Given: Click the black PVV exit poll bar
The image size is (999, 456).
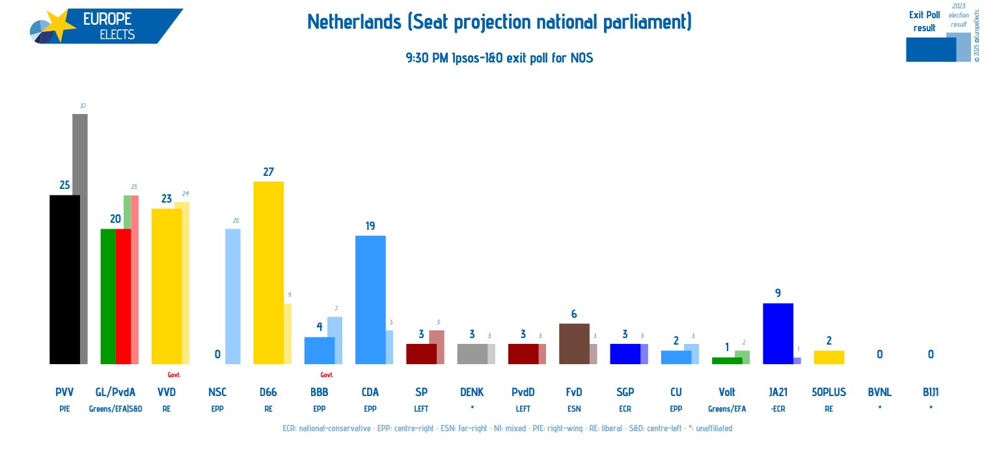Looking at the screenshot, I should point(64,279).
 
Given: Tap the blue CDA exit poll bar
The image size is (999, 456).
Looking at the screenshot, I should point(370,300).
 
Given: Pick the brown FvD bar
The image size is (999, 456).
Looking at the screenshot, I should point(573,343).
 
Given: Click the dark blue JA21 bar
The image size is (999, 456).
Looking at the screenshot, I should point(778,334).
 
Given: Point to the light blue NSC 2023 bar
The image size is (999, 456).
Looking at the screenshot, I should point(232,296).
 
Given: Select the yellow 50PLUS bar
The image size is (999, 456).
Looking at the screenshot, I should point(828,357).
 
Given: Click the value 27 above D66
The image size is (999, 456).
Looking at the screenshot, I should point(268,172).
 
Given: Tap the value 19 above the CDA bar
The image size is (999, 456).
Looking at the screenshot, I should point(370,226).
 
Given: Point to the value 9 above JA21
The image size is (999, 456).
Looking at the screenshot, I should point(778,293).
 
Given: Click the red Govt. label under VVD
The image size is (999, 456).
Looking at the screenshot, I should point(174,375).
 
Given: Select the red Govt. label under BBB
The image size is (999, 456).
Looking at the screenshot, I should point(327,375).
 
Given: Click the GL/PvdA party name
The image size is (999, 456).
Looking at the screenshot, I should point(115,392).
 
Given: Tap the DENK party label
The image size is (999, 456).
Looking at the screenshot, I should point(472,392).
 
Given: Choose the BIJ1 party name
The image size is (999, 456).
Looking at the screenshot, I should point(931,392).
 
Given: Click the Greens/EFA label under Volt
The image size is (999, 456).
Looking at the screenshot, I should point(726,408).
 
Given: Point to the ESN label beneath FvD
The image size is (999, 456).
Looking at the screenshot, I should point(573,408).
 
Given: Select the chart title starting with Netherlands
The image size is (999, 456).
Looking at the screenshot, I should point(499,22).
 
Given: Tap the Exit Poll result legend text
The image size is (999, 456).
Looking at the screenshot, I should point(924,21).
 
